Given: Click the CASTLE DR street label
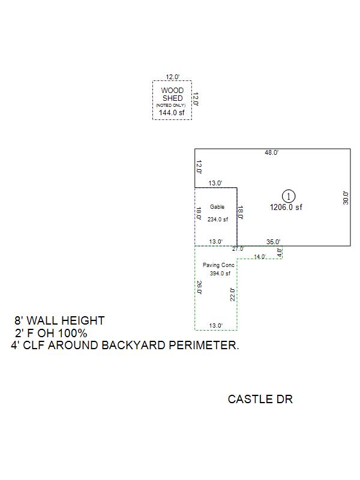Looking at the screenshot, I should pos(260,399).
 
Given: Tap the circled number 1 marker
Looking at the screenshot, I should pos(289,196).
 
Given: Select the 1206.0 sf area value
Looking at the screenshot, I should pos(286,207).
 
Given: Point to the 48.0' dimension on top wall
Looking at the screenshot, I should pos(271,153).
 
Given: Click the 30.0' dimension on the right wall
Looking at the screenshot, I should pos(345,197).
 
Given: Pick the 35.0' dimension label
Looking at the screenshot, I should pos(273,242).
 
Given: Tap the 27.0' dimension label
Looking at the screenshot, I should pos(238,248).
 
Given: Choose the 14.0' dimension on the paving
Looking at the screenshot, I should pos(259,257).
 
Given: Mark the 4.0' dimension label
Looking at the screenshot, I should pos(280,253).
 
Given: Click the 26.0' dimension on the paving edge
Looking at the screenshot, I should pos(199,287).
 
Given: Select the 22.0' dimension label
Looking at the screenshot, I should pos(233,294).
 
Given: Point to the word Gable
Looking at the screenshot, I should pos(217,207).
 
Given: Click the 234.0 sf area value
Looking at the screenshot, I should pos(218,220).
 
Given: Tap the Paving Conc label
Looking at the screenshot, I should pos(218,265).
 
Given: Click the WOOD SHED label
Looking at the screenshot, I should pos(172,94).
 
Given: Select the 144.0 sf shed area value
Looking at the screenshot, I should pos(172,112).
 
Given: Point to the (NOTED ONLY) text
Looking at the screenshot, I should pos(171,105).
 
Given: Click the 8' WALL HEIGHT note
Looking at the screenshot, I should pos(59,321).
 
